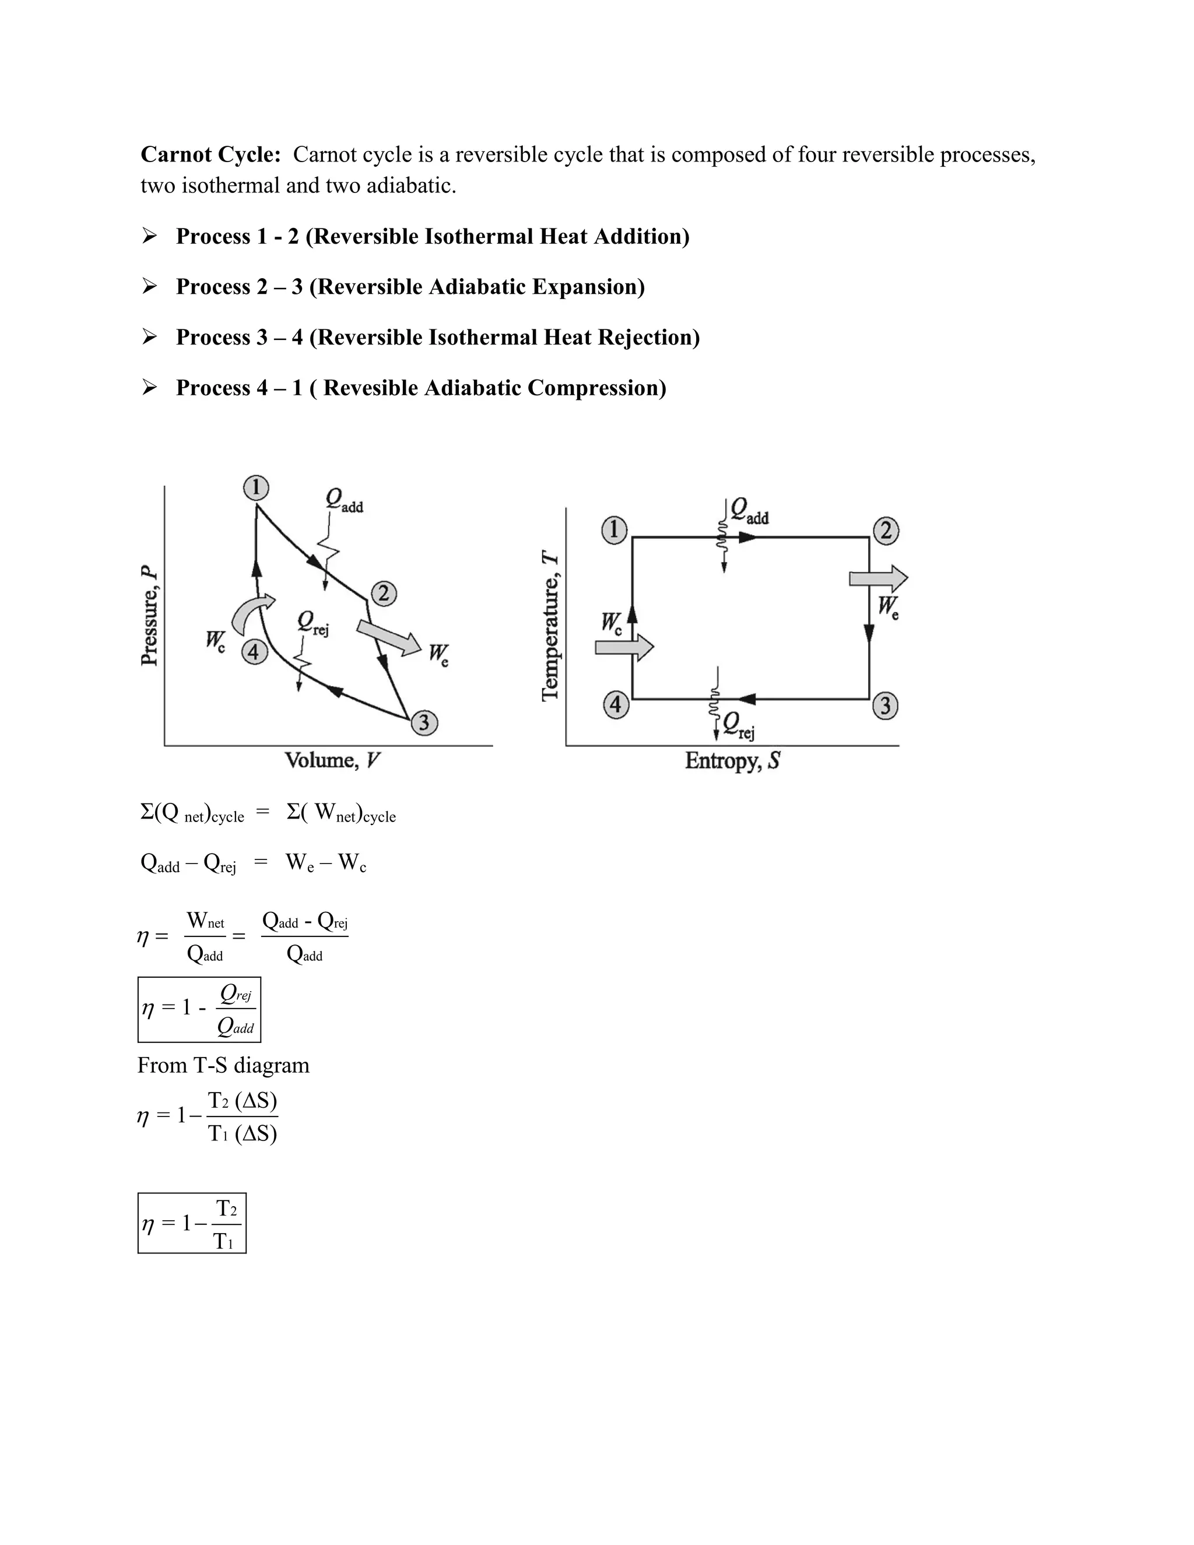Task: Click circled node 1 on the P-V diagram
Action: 256,487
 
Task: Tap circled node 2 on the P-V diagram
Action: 384,594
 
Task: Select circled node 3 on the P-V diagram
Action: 424,722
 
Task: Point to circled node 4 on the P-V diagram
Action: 255,652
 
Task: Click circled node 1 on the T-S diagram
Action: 614,530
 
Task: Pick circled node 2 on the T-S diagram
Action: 886,531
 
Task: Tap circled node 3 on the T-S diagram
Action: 886,705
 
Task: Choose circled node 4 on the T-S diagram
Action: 616,705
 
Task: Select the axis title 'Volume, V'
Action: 332,760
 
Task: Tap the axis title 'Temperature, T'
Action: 551,627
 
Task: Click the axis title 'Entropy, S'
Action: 732,761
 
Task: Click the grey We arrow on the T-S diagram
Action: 879,579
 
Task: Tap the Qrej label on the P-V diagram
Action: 312,623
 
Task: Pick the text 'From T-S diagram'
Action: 223,1065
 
